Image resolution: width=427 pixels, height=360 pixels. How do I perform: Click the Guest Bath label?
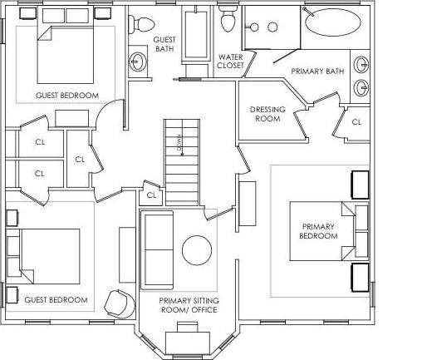coord(165,44)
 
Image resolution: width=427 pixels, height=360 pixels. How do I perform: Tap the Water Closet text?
coord(229,62)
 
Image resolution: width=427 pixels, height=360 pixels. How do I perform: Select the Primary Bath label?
coord(312,72)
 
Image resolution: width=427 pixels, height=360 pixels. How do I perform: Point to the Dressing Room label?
coord(267,114)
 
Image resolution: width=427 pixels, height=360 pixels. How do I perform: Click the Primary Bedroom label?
coord(320,231)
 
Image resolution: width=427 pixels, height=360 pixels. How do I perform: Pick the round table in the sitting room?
coord(197,250)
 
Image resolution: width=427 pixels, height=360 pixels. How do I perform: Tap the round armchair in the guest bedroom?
coord(119,303)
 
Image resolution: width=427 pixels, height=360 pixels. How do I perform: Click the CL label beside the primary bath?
coord(356,121)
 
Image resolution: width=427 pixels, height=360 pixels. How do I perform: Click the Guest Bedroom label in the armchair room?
coord(56,299)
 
